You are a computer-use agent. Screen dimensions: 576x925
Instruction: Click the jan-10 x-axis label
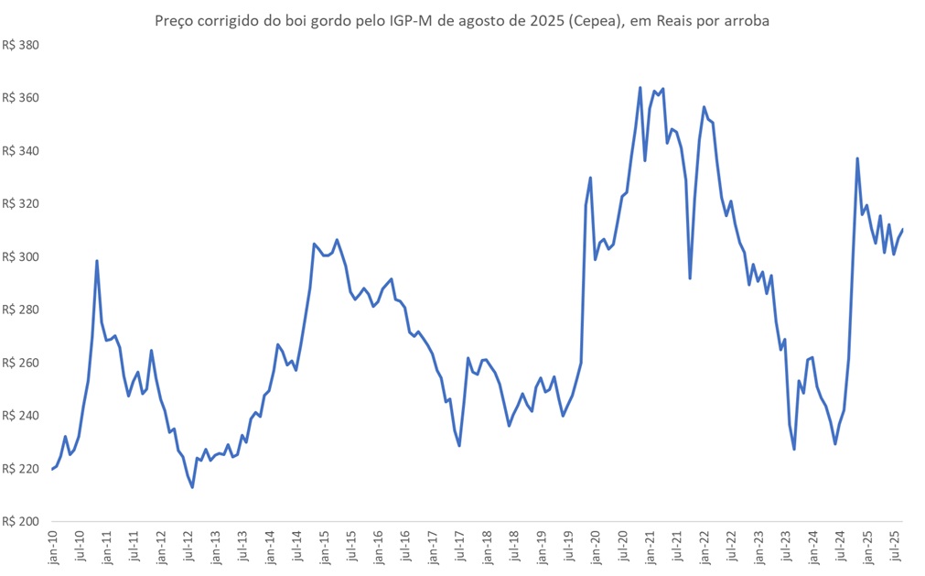point(53,547)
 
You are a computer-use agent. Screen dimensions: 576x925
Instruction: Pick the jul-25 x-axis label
point(895,547)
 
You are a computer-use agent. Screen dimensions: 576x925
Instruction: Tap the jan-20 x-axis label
point(596,547)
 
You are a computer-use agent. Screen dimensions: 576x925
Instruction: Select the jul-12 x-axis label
point(188,547)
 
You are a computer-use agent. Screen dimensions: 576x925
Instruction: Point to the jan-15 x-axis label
point(325,547)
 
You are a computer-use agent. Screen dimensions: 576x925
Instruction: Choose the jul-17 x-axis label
point(460,547)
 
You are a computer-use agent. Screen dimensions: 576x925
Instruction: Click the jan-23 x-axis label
point(758,547)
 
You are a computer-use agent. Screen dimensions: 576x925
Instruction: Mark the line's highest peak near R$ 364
point(640,88)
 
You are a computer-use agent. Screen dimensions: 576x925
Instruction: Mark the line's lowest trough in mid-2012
point(192,487)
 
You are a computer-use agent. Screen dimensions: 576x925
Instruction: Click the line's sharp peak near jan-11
point(97,261)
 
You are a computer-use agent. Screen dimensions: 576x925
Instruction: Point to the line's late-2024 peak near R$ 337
point(857,158)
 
